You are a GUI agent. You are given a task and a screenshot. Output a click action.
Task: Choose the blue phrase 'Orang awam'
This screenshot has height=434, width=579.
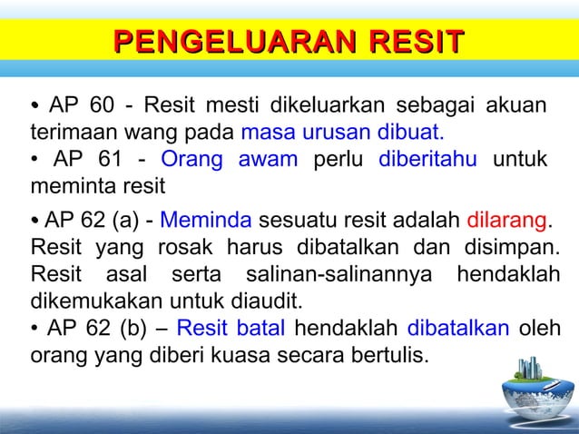pyautogui.click(x=230, y=162)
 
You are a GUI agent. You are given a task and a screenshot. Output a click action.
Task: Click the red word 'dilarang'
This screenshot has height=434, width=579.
pyautogui.click(x=505, y=220)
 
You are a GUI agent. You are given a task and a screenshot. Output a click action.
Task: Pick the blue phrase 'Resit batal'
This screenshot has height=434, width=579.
pyautogui.click(x=231, y=327)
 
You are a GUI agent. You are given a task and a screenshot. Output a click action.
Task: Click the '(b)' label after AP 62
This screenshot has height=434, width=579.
pyautogui.click(x=125, y=327)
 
